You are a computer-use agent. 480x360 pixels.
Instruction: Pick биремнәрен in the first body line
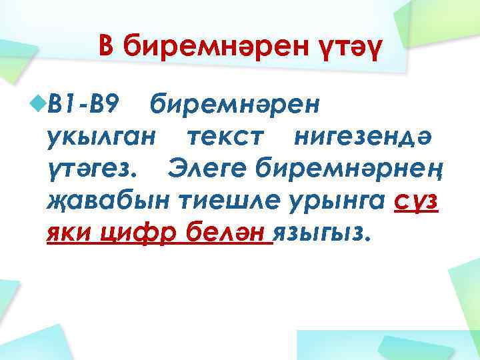(235, 104)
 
